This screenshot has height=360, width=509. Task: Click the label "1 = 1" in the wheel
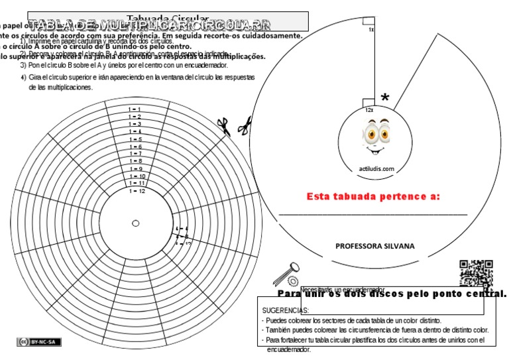pos(135,108)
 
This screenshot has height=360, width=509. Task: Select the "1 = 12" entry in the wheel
pos(137,191)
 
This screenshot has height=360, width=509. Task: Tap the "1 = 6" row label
pos(135,147)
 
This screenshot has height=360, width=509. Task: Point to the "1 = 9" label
pos(135,169)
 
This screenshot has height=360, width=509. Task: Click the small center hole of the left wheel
pos(136,223)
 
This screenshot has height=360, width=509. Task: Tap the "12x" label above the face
pos(369,109)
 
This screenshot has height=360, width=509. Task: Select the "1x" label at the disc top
pos(371,30)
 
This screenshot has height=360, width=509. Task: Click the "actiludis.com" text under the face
pos(376,169)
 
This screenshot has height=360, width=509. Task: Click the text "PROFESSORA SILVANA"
pos(375,246)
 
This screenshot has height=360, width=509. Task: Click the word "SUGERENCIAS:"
pos(286,310)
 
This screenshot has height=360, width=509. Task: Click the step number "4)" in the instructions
pos(23,78)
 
